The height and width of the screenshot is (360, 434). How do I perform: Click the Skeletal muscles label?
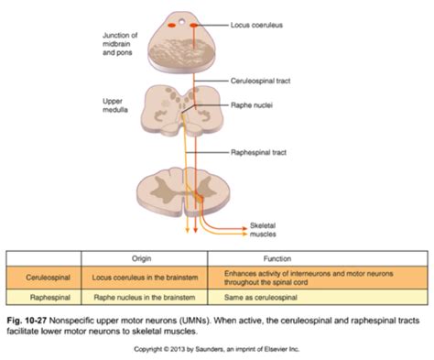[266, 228]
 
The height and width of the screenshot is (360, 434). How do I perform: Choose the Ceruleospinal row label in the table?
[43, 276]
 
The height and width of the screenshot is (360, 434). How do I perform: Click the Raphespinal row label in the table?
[42, 297]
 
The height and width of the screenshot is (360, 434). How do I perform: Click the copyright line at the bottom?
[217, 349]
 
